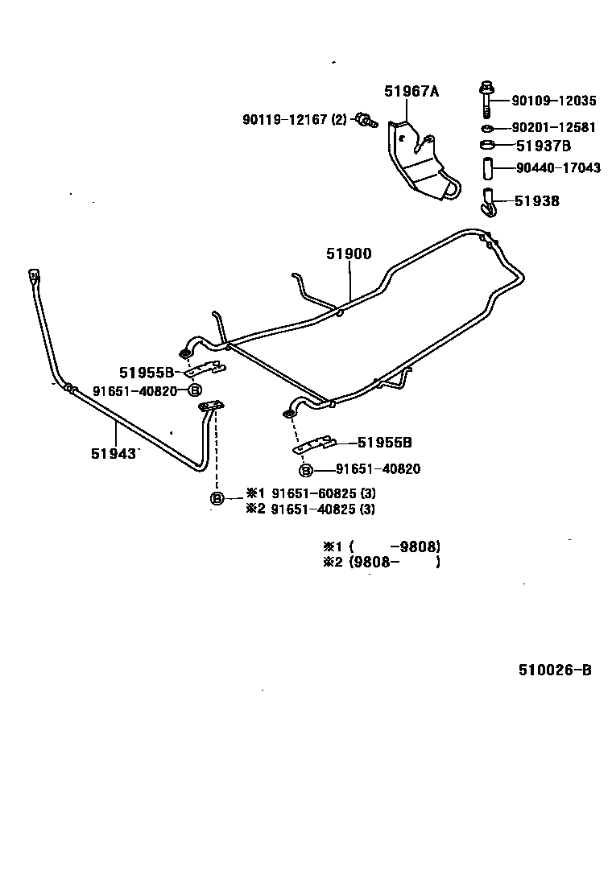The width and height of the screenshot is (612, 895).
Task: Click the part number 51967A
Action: click(x=411, y=91)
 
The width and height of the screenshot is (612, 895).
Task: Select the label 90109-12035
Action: click(x=554, y=101)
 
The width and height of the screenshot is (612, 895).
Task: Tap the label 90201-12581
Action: click(x=554, y=127)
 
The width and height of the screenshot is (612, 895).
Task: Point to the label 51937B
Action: click(x=543, y=146)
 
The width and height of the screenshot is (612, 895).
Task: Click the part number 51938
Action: click(x=536, y=201)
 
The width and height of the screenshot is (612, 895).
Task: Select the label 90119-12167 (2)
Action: click(x=294, y=119)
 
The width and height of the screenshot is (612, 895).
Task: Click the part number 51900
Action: click(x=349, y=254)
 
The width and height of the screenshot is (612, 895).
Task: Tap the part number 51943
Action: click(x=110, y=453)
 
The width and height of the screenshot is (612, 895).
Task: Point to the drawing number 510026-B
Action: click(x=549, y=670)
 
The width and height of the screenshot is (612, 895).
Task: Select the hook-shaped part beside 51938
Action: click(x=487, y=204)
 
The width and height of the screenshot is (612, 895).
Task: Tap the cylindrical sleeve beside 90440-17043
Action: click(x=486, y=170)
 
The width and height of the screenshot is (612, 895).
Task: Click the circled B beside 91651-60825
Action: click(x=217, y=498)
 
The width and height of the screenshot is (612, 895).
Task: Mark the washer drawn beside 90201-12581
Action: click(x=486, y=128)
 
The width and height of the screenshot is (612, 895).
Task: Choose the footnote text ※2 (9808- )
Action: click(x=381, y=563)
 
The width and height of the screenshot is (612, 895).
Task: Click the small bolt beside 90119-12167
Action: click(x=366, y=122)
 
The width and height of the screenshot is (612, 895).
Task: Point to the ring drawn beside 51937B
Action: click(x=486, y=146)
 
